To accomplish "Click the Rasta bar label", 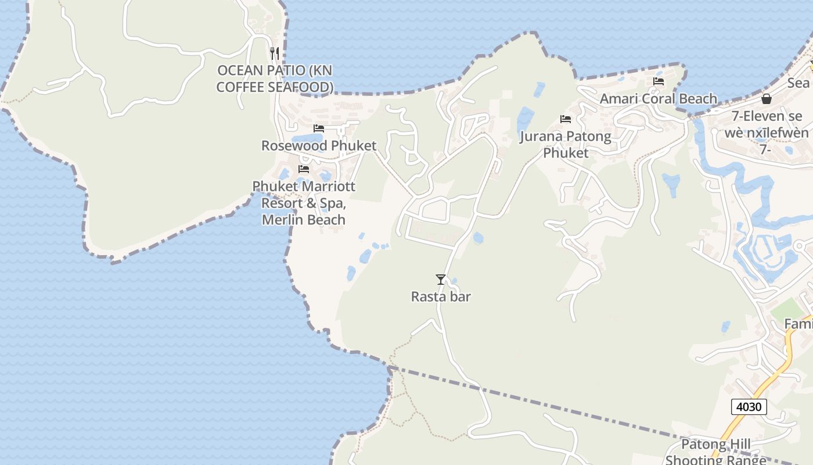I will click(x=441, y=296).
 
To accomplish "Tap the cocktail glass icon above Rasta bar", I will click(x=441, y=280).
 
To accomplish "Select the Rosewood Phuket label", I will click(x=319, y=145).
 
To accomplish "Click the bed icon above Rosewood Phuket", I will click(x=319, y=128).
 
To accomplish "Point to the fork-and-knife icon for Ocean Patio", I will click(x=275, y=53).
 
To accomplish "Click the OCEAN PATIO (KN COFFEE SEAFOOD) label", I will click(x=275, y=78).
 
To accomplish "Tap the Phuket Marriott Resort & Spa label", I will click(x=304, y=203).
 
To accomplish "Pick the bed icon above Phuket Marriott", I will click(x=304, y=169).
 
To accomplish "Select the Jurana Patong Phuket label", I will click(x=566, y=145).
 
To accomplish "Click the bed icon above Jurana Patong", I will click(x=566, y=119).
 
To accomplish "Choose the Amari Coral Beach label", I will click(x=659, y=99).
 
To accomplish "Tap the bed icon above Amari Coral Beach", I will click(x=659, y=81).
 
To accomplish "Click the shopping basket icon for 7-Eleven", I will click(x=767, y=99).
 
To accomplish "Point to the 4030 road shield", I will click(x=749, y=406).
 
